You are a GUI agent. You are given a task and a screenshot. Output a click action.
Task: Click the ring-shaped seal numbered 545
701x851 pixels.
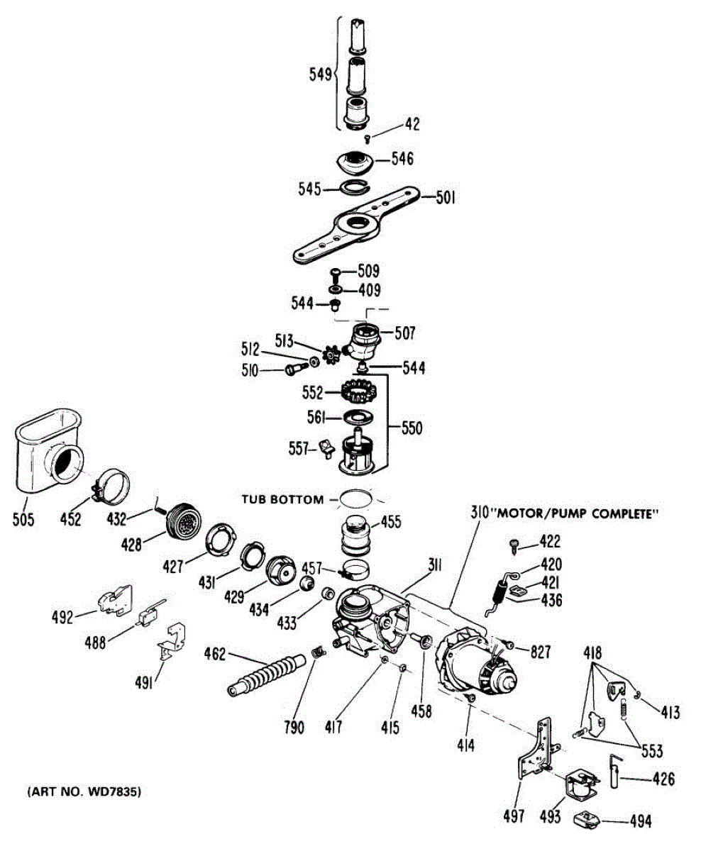click(x=353, y=187)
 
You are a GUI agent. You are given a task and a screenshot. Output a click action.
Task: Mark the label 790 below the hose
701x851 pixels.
click(x=293, y=727)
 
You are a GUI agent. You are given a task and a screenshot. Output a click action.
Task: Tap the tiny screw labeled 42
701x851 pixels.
click(x=368, y=138)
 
